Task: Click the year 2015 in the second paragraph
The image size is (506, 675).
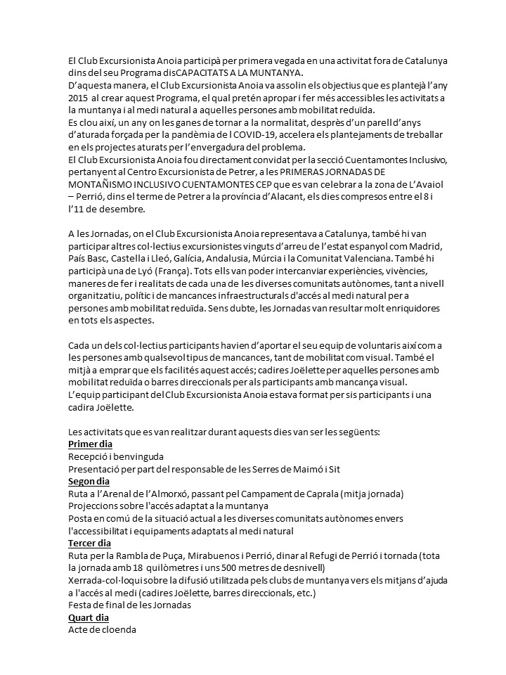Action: (x=78, y=99)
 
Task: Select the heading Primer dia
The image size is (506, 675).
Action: (x=91, y=444)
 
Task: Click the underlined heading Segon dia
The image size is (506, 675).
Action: (x=89, y=482)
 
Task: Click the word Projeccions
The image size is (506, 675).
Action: (x=94, y=506)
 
